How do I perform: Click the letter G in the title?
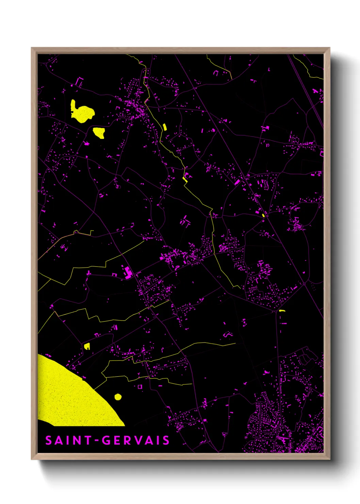tap(107, 440)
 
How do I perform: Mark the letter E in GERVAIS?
tap(117, 440)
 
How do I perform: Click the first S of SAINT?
tap(49, 440)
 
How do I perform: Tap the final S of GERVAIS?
tap(166, 440)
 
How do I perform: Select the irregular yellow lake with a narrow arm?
tap(82, 112)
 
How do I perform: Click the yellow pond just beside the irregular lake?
tap(99, 132)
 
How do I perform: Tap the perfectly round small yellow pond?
tap(118, 397)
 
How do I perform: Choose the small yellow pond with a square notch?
tap(87, 346)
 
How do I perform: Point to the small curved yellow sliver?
tap(282, 311)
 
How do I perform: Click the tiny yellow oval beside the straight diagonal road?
tap(263, 215)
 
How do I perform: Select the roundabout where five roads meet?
tap(304, 283)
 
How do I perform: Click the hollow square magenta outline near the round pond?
tap(140, 387)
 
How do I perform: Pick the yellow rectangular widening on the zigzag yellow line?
tap(185, 178)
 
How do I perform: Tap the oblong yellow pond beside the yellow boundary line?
tap(165, 127)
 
